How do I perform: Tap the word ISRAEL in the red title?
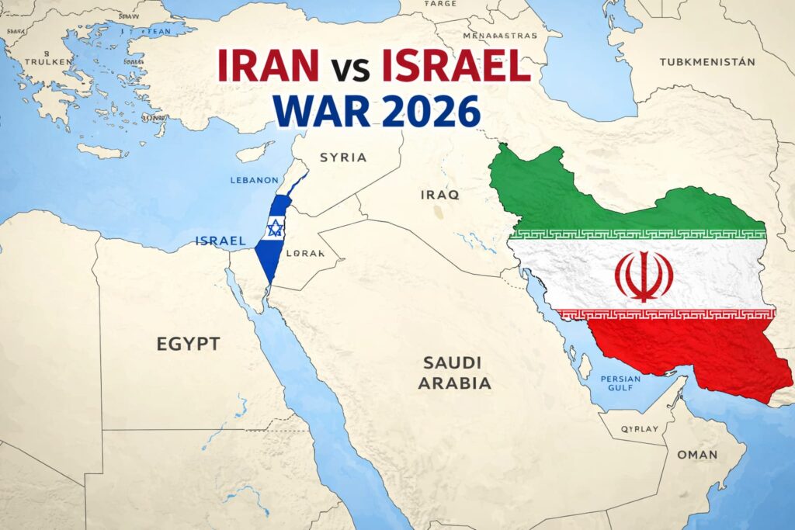456,67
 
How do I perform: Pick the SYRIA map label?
342,158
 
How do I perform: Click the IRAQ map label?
439,195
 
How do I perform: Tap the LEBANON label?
254,180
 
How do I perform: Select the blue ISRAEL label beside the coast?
221,241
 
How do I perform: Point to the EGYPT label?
188,344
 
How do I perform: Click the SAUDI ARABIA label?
454,372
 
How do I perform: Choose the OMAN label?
696,455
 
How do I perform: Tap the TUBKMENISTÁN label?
706,61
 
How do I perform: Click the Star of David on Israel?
274,227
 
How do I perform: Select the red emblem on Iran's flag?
644,276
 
